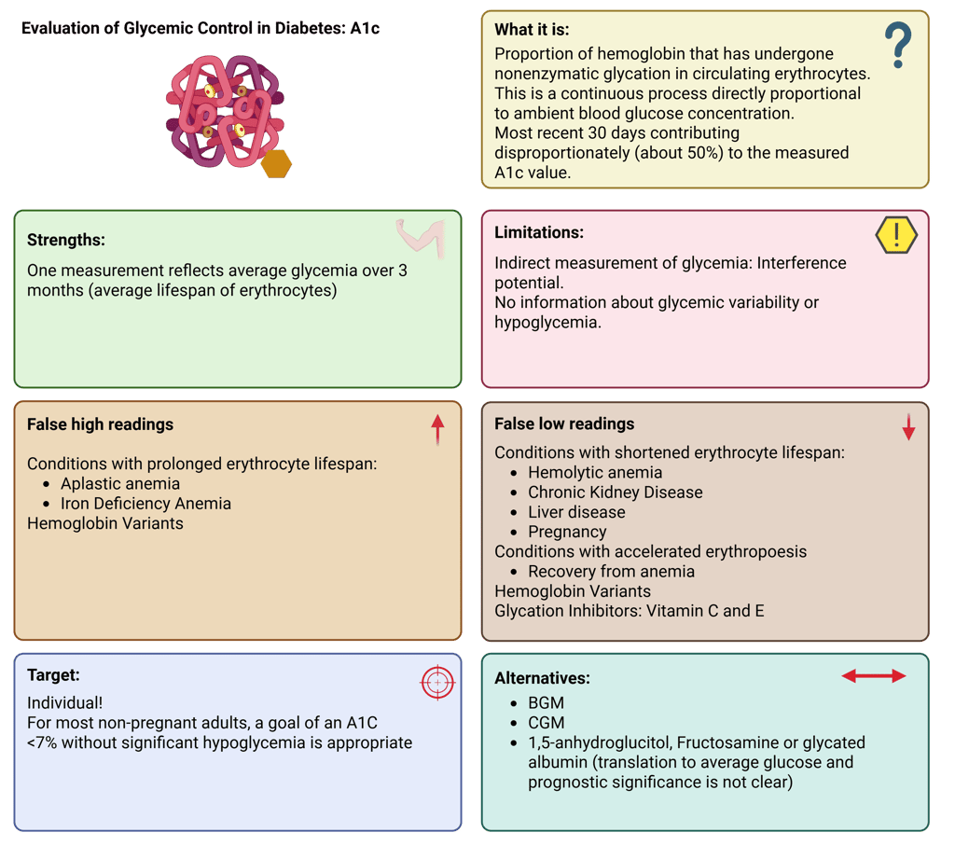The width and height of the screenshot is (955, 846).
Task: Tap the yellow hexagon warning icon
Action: [896, 235]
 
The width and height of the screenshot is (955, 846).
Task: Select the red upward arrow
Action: [437, 429]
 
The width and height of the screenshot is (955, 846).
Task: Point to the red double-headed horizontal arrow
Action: [874, 676]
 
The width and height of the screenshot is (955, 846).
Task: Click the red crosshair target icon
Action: [436, 683]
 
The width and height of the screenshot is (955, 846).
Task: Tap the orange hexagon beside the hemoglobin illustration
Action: [276, 164]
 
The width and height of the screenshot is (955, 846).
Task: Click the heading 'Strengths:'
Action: [65, 240]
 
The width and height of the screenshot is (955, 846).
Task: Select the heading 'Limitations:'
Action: [539, 232]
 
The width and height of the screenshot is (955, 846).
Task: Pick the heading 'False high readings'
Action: [100, 424]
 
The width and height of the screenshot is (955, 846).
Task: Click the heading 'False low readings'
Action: [564, 423]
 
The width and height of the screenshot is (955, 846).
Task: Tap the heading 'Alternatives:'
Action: [542, 679]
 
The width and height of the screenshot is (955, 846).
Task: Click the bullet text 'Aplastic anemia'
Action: [120, 483]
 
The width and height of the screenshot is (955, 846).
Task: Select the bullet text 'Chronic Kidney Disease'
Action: [616, 492]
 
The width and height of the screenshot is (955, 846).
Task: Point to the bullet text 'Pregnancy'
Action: [567, 532]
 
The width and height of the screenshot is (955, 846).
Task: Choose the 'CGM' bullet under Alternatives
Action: [547, 723]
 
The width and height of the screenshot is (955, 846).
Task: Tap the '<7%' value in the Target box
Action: [42, 743]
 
